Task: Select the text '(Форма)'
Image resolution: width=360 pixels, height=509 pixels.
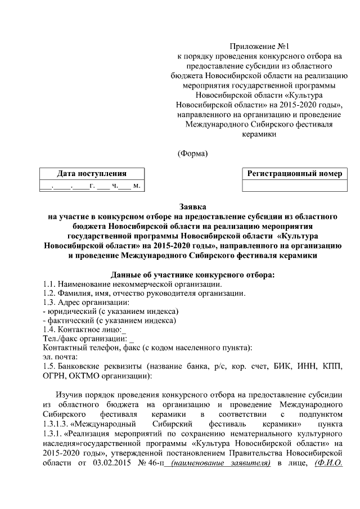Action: pos(192,153)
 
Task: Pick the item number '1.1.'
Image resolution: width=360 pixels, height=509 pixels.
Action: pos(50,285)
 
